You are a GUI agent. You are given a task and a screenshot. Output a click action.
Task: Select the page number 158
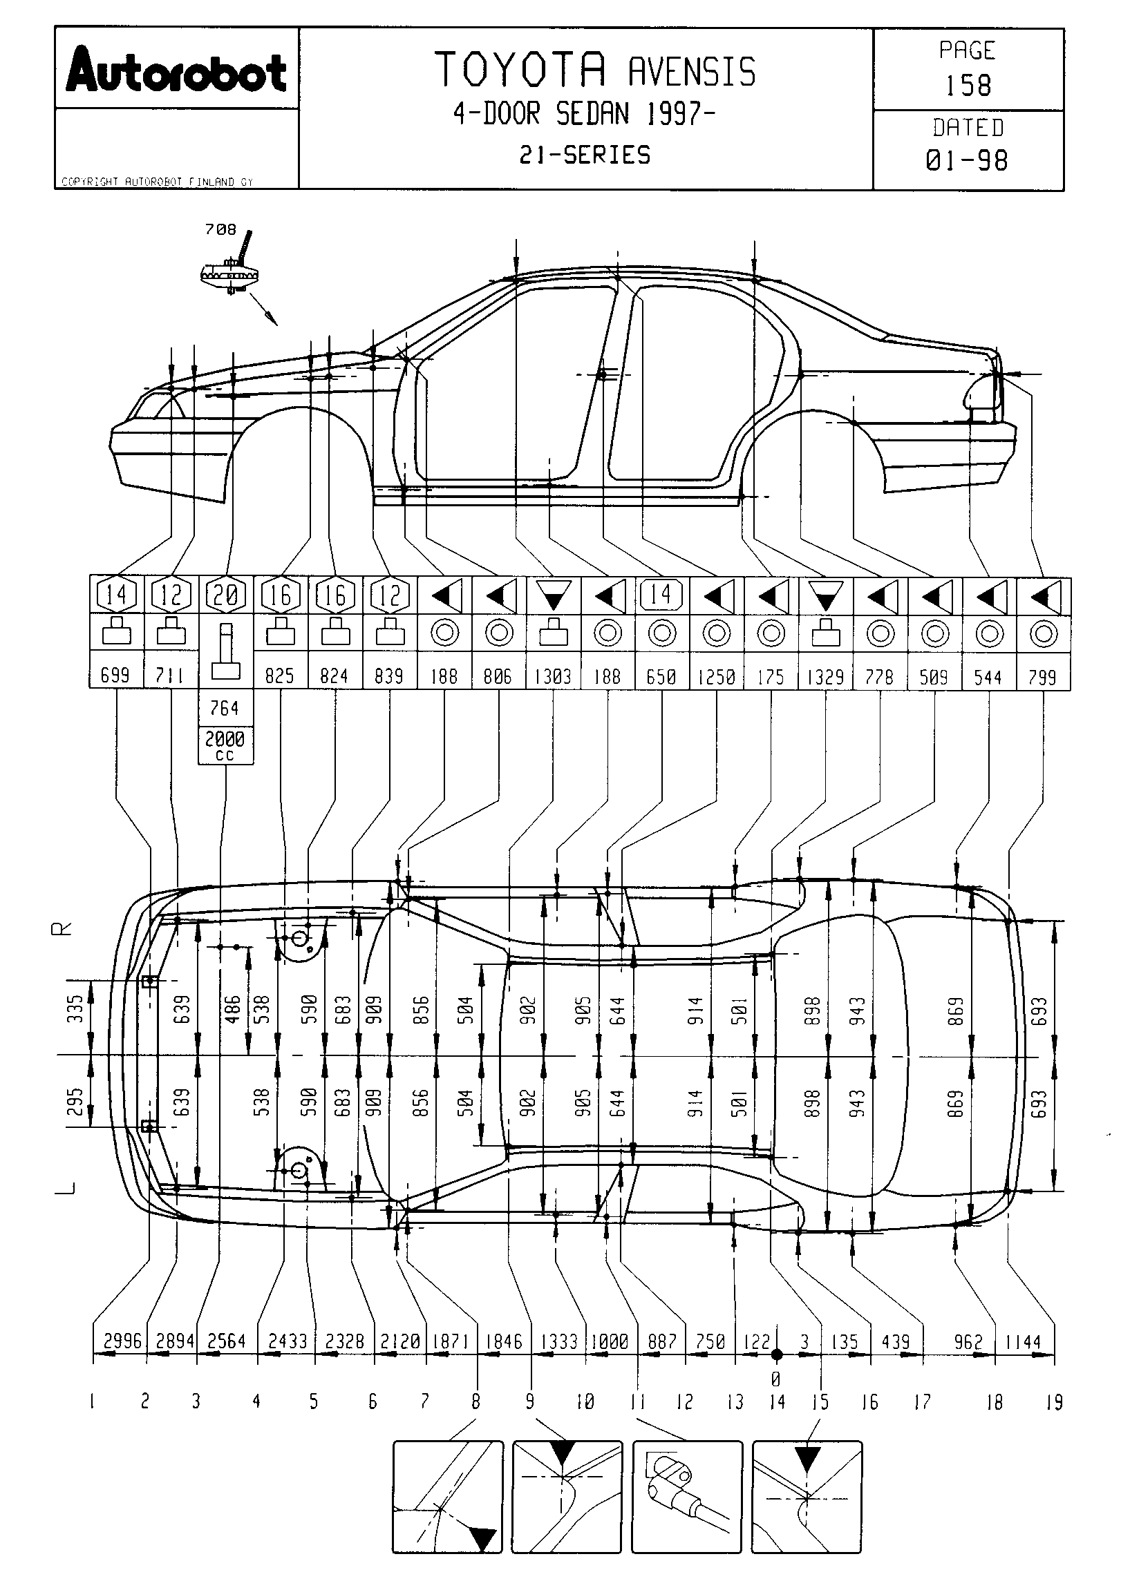coord(968,86)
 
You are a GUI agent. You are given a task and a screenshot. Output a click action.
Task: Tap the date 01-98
coord(966,161)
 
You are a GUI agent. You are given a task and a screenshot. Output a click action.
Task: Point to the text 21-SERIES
coord(585,155)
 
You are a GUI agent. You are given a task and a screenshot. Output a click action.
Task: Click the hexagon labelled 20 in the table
coord(226,594)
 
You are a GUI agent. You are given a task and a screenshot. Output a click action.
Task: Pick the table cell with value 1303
coord(553,676)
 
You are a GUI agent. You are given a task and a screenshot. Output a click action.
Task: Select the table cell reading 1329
coord(825,676)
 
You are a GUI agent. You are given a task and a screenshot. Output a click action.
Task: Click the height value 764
coord(225,708)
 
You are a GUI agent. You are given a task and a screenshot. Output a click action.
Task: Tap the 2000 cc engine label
coord(225,745)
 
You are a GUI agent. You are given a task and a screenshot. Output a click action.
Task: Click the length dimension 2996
coord(122,1341)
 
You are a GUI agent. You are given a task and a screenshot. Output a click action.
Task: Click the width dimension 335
coord(76,1008)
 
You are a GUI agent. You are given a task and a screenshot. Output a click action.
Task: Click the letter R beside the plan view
coord(62,929)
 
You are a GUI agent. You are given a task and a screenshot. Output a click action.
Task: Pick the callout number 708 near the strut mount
coord(220,229)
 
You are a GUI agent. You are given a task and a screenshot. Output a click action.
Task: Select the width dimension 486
coord(233,1009)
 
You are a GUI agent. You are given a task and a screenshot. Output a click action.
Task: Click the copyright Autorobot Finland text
coord(158,182)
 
